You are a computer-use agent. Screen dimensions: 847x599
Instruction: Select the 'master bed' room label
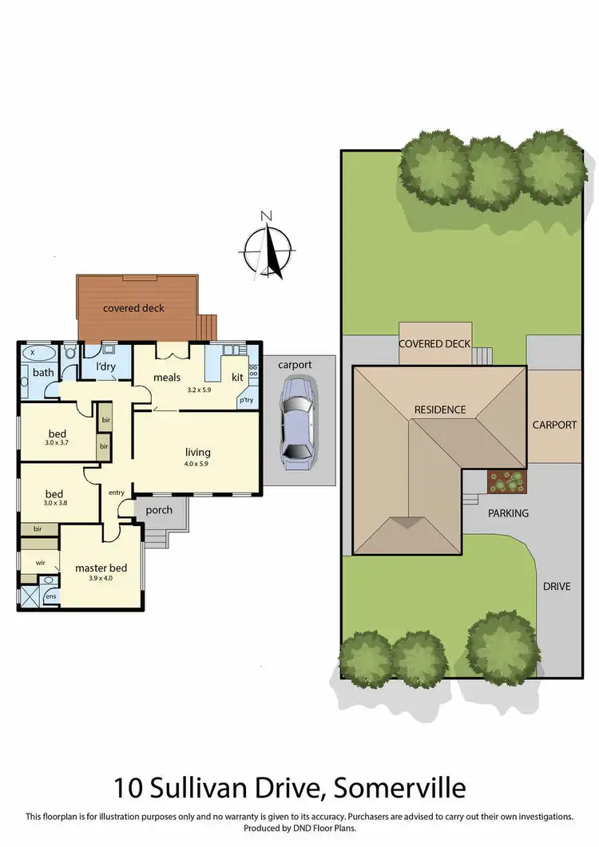pyautogui.click(x=101, y=568)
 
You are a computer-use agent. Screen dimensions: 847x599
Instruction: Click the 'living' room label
pyautogui.click(x=197, y=452)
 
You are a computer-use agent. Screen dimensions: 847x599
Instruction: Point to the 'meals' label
pyautogui.click(x=167, y=377)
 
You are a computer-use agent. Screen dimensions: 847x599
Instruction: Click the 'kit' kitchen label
pyautogui.click(x=237, y=377)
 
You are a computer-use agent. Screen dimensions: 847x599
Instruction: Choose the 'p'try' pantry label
pyautogui.click(x=247, y=401)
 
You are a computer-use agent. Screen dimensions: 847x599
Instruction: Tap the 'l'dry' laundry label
pyautogui.click(x=107, y=366)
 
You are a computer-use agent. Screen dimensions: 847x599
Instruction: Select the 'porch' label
pyautogui.click(x=159, y=509)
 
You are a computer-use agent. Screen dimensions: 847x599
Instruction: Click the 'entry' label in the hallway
pyautogui.click(x=117, y=493)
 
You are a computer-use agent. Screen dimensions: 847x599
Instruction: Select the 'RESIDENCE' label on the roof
pyautogui.click(x=439, y=410)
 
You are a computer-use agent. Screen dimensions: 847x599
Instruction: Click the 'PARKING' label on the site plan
pyautogui.click(x=508, y=513)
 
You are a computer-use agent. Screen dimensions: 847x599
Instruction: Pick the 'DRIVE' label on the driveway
pyautogui.click(x=557, y=586)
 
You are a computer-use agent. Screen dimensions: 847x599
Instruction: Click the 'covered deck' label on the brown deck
pyautogui.click(x=133, y=308)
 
